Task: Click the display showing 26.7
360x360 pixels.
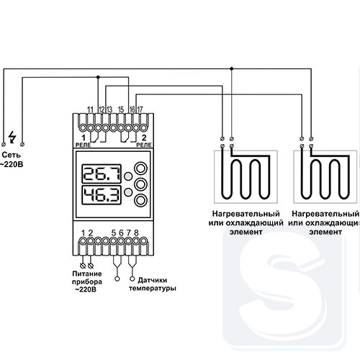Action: click(102, 174)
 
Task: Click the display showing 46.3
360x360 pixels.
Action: click(102, 195)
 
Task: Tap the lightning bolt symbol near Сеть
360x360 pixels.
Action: click(12, 138)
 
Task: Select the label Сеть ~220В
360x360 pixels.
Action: click(12, 160)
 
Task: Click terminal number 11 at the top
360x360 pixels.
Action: click(90, 109)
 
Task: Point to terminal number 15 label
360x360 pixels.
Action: click(121, 109)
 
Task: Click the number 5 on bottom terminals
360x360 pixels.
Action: click(114, 233)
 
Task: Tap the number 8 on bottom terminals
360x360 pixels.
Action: click(136, 233)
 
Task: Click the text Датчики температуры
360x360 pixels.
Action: click(153, 284)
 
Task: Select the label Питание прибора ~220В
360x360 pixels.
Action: click(87, 282)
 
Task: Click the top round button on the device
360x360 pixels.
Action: click(140, 168)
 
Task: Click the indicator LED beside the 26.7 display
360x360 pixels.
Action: click(128, 176)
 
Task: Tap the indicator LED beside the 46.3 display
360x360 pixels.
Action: click(128, 192)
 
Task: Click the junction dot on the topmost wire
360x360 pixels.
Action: click(232, 68)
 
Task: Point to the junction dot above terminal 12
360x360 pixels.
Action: click(98, 77)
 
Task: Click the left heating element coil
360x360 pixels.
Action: click(246, 176)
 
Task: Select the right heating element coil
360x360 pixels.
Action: click(325, 176)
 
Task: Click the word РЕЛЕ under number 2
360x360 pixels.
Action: click(144, 145)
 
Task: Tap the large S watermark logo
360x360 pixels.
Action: click(284, 289)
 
